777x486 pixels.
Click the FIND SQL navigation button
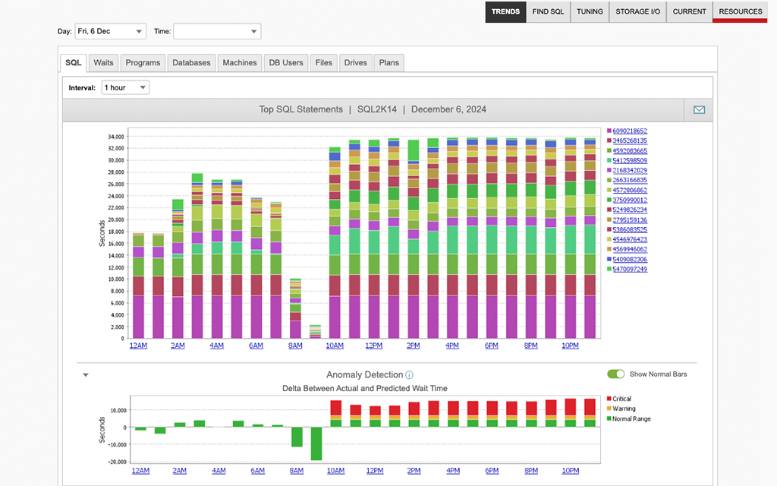pyautogui.click(x=547, y=11)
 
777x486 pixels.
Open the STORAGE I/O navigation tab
pyautogui.click(x=637, y=11)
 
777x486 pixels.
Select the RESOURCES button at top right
pyautogui.click(x=740, y=11)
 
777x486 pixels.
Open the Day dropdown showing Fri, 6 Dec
pyautogui.click(x=110, y=31)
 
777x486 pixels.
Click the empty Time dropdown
pyautogui.click(x=217, y=31)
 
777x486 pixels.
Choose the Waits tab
pyautogui.click(x=104, y=62)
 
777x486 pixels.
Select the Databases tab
pyautogui.click(x=191, y=62)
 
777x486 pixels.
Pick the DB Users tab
pyautogui.click(x=285, y=62)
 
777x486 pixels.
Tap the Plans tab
pyautogui.click(x=388, y=62)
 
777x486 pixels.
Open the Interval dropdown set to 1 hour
pyautogui.click(x=125, y=87)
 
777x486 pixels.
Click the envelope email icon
pyautogui.click(x=699, y=109)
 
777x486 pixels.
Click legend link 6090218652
pyautogui.click(x=630, y=131)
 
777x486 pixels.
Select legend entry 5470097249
pyautogui.click(x=630, y=269)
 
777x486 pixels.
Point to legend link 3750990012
pyautogui.click(x=630, y=200)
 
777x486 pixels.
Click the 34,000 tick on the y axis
pyautogui.click(x=115, y=137)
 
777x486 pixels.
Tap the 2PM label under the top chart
pyautogui.click(x=414, y=346)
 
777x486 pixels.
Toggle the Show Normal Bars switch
pyautogui.click(x=615, y=374)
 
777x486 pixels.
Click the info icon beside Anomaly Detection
pyautogui.click(x=410, y=375)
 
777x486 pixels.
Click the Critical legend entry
pyautogui.click(x=621, y=399)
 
